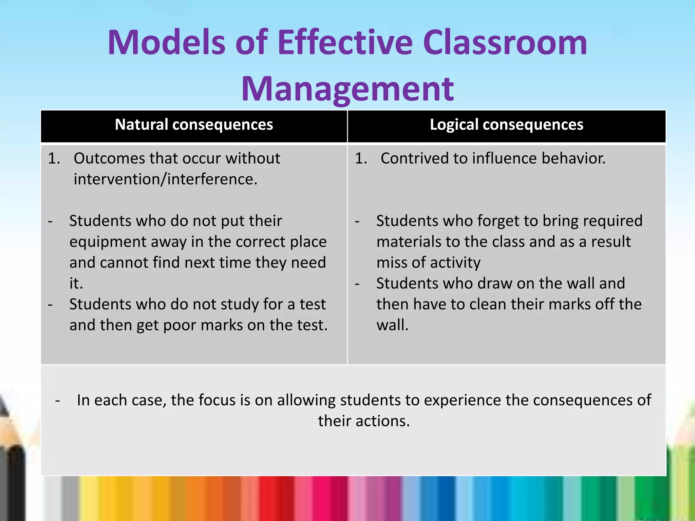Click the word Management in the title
click(x=347, y=89)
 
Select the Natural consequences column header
click(x=194, y=124)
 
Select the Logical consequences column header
click(x=506, y=124)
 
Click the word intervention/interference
click(x=165, y=179)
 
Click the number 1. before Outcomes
click(x=54, y=158)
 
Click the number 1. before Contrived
click(x=361, y=158)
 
